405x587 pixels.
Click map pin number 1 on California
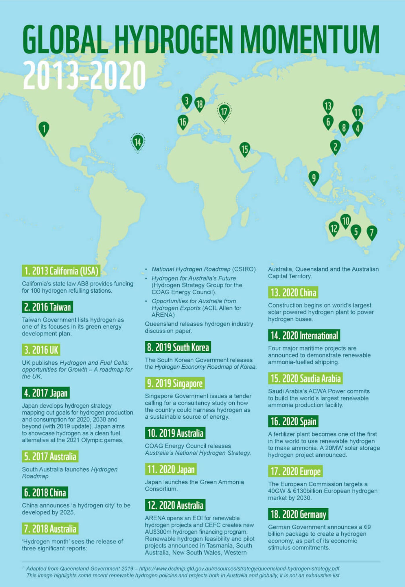click(44, 128)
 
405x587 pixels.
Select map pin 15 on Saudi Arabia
click(245, 149)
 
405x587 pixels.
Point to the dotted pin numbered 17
click(224, 112)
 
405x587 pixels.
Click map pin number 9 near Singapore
click(314, 177)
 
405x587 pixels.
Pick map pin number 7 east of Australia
click(372, 232)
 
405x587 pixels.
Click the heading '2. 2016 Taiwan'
click(47, 307)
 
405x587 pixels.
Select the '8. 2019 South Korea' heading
click(178, 347)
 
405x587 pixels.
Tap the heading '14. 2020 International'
click(304, 335)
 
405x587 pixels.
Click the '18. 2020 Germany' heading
click(298, 514)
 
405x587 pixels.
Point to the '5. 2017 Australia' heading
click(50, 457)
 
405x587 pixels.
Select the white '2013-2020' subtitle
click(84, 75)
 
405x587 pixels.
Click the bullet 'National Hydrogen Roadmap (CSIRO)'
click(204, 269)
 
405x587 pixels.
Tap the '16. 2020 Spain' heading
click(293, 421)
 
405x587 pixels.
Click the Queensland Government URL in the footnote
click(239, 568)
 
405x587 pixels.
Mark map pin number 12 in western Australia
click(334, 229)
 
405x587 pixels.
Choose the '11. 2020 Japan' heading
click(171, 469)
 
